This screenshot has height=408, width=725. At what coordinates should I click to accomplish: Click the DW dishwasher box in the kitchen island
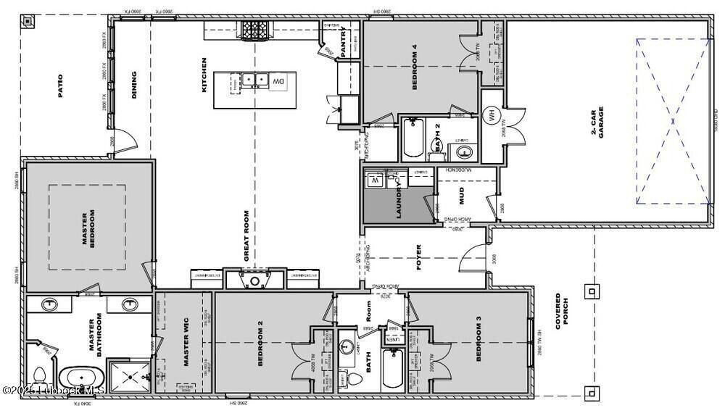pos(278,82)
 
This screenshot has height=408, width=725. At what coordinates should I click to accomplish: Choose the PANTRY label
pos(342,40)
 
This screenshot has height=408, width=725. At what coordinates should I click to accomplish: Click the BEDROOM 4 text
pos(415,68)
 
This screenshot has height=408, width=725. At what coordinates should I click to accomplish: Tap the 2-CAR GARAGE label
pos(597,122)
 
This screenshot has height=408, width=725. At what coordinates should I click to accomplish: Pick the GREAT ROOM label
pos(246,236)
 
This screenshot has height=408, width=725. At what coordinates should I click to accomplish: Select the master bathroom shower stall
pos(129,376)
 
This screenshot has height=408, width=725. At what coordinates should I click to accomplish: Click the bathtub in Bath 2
pos(413,139)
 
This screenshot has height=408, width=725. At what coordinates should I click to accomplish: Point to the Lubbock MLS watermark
pos(54,391)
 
